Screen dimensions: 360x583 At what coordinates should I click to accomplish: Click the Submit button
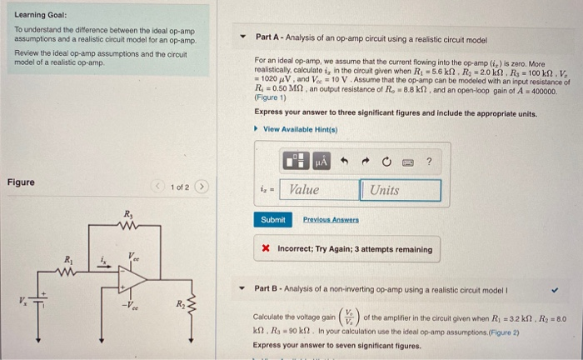pyautogui.click(x=272, y=220)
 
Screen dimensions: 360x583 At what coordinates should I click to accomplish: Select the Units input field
pyautogui.click(x=401, y=190)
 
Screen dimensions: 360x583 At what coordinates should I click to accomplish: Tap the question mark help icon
pyautogui.click(x=429, y=162)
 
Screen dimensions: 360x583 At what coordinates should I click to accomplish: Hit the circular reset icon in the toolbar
pyautogui.click(x=386, y=162)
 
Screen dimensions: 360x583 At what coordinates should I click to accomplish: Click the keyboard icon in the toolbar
pyautogui.click(x=407, y=162)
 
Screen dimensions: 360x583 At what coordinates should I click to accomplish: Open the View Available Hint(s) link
pyautogui.click(x=302, y=129)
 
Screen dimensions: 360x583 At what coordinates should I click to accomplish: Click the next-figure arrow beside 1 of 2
pyautogui.click(x=201, y=187)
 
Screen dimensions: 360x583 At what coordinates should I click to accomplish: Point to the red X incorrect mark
pyautogui.click(x=265, y=250)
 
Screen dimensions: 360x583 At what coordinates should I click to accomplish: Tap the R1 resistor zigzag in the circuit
pyautogui.click(x=68, y=270)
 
